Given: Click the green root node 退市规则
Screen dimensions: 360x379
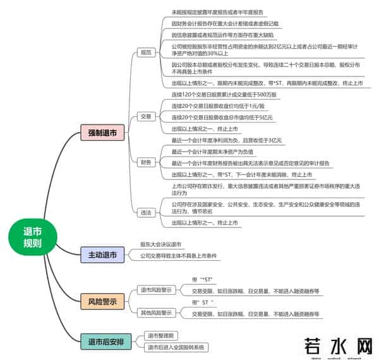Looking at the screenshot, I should [x=32, y=237].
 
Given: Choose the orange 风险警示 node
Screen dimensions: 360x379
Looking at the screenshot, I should [x=102, y=301].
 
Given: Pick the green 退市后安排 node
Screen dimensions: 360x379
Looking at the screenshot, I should [x=102, y=342].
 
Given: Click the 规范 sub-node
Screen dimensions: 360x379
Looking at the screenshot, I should [x=146, y=52].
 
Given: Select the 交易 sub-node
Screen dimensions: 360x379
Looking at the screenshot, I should [x=146, y=116].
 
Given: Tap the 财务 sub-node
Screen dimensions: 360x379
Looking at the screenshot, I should [x=146, y=162].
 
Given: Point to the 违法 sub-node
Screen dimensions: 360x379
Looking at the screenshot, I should [x=146, y=212].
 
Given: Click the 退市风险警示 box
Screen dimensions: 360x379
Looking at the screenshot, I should [x=156, y=290].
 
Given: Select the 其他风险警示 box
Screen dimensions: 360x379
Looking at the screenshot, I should [x=156, y=313].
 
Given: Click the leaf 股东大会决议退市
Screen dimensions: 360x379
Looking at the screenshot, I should [x=160, y=244].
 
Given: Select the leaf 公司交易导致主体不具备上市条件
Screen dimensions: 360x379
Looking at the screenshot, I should [x=179, y=256].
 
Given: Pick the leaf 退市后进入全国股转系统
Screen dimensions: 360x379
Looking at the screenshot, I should [x=176, y=347].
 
